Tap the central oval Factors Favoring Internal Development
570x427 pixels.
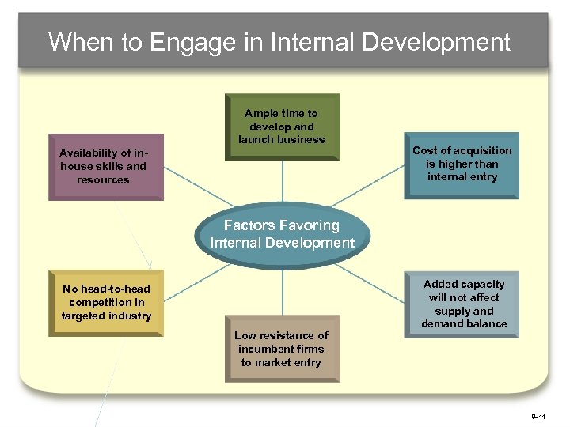pyautogui.click(x=282, y=235)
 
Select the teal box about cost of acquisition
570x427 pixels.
pyautogui.click(x=462, y=164)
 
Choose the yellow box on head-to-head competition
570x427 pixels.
pyautogui.click(x=106, y=303)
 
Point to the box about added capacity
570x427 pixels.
pyautogui.click(x=463, y=304)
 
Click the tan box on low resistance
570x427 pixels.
pyautogui.click(x=281, y=349)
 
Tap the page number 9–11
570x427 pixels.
pyautogui.click(x=538, y=415)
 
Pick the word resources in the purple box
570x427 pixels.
pyautogui.click(x=103, y=179)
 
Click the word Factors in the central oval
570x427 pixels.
pyautogui.click(x=249, y=225)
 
